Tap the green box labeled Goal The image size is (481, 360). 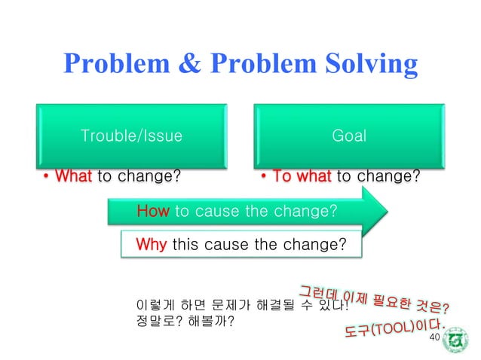coord(349,136)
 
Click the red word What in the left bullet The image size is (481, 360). coord(74,177)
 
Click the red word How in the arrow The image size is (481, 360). coord(152,212)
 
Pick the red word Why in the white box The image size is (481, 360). coord(152,245)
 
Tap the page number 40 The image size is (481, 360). coord(433,337)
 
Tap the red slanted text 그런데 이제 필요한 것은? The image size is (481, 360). coord(375,298)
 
